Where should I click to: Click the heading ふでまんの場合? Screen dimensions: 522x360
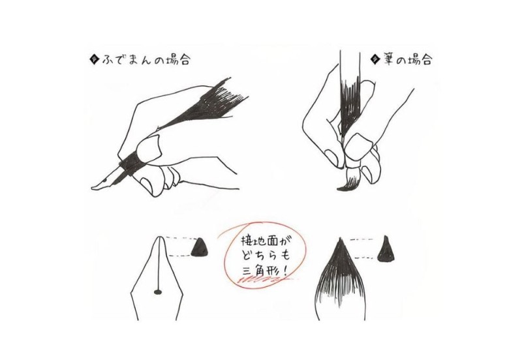pyautogui.click(x=146, y=60)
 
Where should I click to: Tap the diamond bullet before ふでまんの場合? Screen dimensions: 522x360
pyautogui.click(x=95, y=60)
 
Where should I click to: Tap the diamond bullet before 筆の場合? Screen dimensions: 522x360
pyautogui.click(x=375, y=60)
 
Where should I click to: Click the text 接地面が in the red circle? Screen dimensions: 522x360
pyautogui.click(x=263, y=241)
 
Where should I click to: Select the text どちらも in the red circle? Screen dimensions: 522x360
pyautogui.click(x=266, y=255)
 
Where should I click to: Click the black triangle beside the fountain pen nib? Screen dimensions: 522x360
pyautogui.click(x=200, y=247)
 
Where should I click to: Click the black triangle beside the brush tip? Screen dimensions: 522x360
pyautogui.click(x=386, y=248)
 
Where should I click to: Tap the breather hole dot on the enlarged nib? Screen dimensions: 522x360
pyautogui.click(x=158, y=292)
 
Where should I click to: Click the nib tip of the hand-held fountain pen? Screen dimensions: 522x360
pyautogui.click(x=93, y=188)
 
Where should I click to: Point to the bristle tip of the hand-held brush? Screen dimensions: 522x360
pyautogui.click(x=339, y=189)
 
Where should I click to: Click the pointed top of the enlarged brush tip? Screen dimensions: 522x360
pyautogui.click(x=340, y=239)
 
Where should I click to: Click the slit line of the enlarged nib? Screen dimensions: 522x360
pyautogui.click(x=159, y=263)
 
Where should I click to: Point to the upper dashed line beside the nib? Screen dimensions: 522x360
pyautogui.click(x=181, y=238)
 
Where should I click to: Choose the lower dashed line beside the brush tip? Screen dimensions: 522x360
pyautogui.click(x=365, y=258)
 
